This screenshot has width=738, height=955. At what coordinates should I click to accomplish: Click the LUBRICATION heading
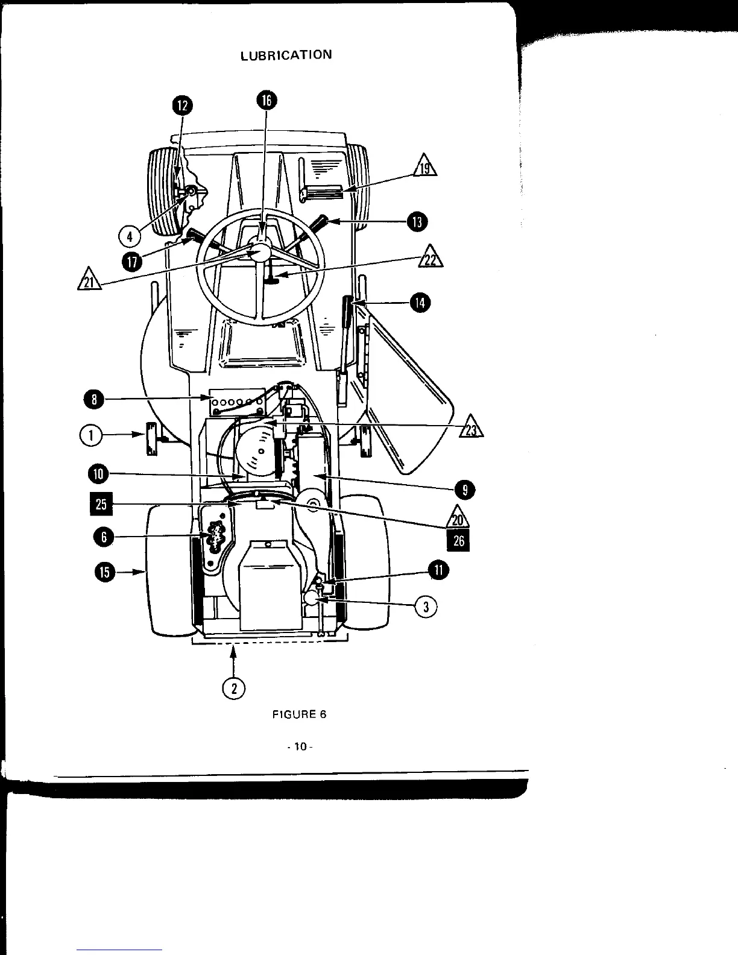point(286,55)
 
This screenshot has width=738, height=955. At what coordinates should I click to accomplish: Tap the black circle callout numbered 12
point(182,106)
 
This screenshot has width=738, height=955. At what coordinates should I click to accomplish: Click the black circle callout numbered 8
point(94,399)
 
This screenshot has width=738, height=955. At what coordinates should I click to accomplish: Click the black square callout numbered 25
point(101,503)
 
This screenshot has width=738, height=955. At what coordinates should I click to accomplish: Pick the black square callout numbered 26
point(458,541)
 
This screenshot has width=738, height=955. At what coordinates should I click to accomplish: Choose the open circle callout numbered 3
point(426,607)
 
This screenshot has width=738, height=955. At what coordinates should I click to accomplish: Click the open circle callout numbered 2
point(233,688)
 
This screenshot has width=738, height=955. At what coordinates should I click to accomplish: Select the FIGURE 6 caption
point(299,715)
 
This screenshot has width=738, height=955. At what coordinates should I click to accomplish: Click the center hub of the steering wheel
point(261,252)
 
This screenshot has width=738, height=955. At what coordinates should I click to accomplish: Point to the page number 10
point(298,748)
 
